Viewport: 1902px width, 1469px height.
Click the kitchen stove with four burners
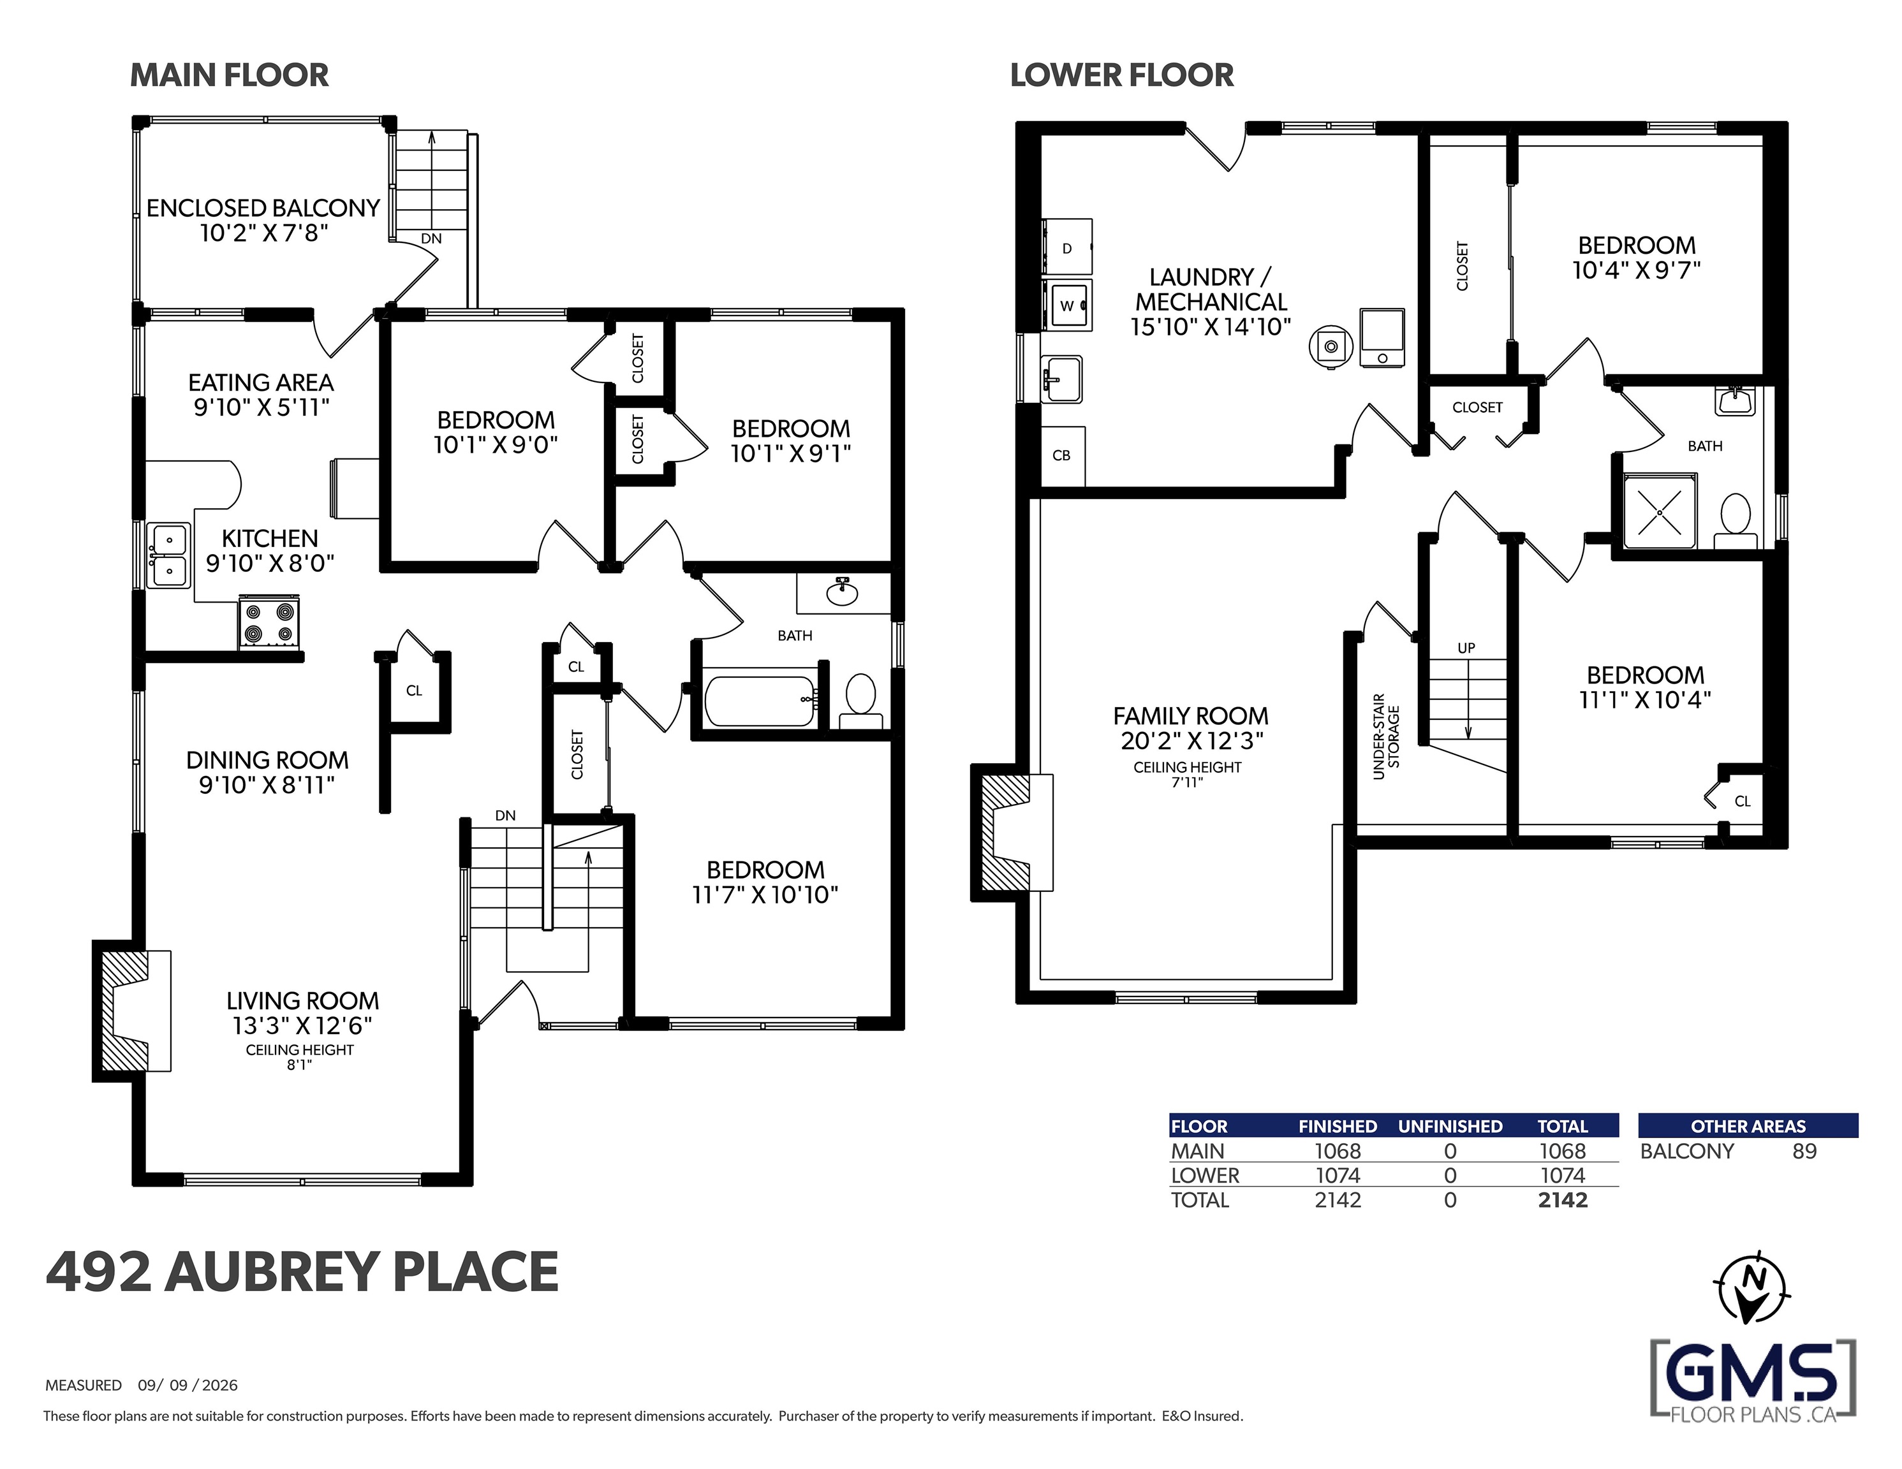(x=269, y=622)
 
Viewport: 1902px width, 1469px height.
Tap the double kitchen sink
(x=168, y=555)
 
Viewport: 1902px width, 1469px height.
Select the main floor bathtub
(x=761, y=701)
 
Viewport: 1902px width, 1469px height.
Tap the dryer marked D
(x=1067, y=247)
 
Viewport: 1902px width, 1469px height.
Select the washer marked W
(x=1068, y=305)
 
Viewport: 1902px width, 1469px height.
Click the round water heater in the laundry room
(x=1331, y=347)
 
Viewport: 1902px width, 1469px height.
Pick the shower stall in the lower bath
(x=1660, y=511)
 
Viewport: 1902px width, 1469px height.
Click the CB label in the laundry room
(x=1061, y=455)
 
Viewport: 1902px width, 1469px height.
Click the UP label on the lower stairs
(x=1466, y=648)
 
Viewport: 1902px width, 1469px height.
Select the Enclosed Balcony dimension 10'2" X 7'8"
(x=264, y=233)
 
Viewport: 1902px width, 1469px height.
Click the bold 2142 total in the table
(x=1563, y=1200)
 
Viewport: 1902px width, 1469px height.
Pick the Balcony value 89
(x=1804, y=1151)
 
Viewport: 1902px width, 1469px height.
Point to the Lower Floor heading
(x=1122, y=76)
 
